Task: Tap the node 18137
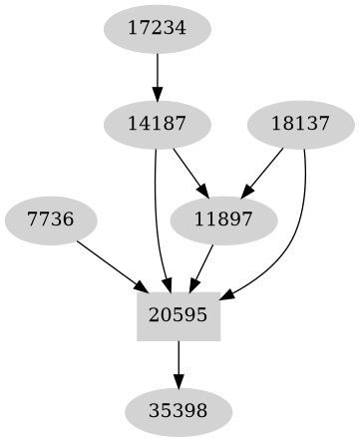point(300,126)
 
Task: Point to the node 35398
point(179,410)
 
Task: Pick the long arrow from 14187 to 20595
point(157,220)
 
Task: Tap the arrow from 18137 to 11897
point(263,171)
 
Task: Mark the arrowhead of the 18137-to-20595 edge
point(227,296)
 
